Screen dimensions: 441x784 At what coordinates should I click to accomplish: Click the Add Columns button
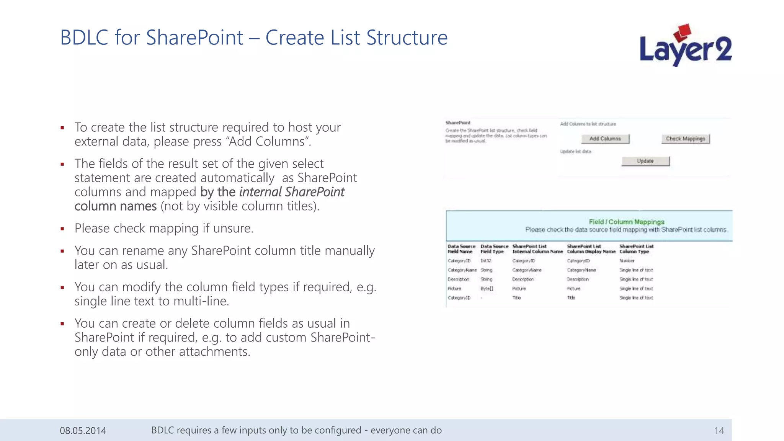(605, 139)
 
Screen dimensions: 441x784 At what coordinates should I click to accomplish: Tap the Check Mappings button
(685, 139)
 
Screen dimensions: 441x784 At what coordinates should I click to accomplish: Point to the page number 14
(719, 431)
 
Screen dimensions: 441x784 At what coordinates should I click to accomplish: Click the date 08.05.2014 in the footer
(83, 431)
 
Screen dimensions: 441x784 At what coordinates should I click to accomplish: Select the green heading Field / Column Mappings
(626, 222)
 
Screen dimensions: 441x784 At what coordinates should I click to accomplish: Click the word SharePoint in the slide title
(194, 38)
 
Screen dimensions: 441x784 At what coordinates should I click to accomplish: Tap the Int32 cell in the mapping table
(486, 261)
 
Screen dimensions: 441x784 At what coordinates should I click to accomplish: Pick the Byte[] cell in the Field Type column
(487, 289)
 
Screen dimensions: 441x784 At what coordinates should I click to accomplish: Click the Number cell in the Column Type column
(627, 261)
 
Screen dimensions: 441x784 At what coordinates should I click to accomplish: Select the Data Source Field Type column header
(494, 249)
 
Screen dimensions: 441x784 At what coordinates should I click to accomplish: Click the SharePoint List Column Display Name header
(591, 249)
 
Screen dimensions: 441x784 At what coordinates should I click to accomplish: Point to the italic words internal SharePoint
(292, 192)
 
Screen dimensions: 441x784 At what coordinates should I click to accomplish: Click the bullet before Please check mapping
(62, 229)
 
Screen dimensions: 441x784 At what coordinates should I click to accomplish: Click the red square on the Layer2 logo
(682, 32)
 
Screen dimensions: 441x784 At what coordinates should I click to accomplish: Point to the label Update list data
(575, 152)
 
